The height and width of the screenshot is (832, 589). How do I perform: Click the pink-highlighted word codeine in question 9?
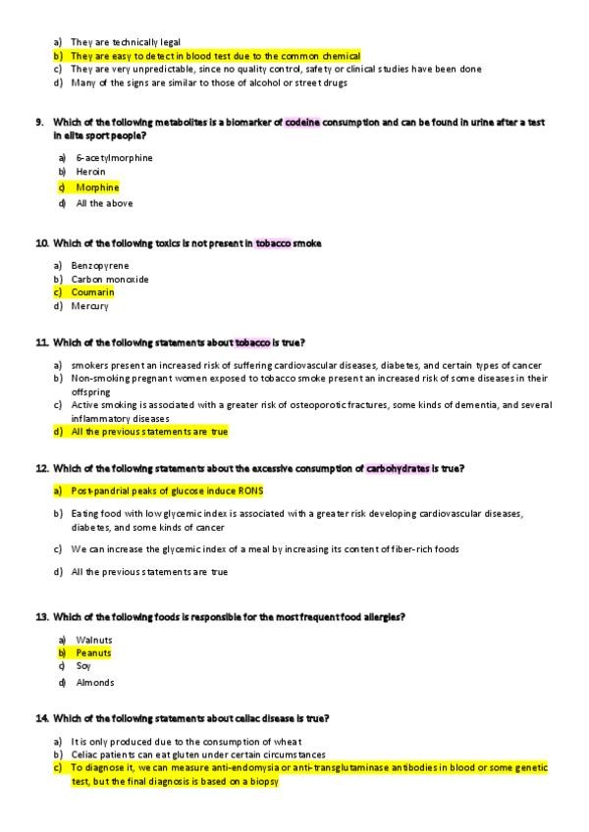[302, 122]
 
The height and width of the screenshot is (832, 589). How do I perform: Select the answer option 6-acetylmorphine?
[114, 157]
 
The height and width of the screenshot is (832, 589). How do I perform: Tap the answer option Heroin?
[90, 172]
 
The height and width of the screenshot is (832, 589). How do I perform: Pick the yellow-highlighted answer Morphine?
[97, 187]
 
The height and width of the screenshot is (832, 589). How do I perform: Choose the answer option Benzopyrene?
[99, 265]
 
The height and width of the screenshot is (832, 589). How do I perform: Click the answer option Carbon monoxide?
[110, 279]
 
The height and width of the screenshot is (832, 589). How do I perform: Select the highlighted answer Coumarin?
[92, 292]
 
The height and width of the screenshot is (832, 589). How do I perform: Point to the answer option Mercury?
[89, 306]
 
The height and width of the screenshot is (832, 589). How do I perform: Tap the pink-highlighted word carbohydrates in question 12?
[398, 469]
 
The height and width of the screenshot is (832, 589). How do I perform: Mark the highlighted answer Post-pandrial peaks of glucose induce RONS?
[168, 491]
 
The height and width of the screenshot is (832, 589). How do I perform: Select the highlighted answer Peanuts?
[93, 653]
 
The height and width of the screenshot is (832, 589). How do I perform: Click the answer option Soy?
[82, 666]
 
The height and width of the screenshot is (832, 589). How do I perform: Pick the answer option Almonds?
[95, 682]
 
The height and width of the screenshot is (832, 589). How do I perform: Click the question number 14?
[41, 718]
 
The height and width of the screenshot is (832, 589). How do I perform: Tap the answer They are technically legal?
[125, 42]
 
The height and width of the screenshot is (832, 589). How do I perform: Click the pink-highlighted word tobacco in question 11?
[252, 342]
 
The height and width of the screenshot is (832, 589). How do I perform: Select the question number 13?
[41, 617]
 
